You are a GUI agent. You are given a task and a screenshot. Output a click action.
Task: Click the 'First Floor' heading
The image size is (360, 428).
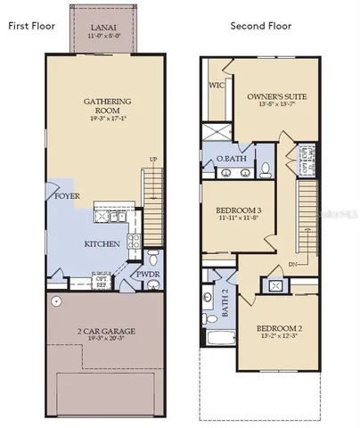pos(31,25)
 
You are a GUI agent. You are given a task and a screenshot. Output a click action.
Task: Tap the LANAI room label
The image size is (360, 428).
pos(102,30)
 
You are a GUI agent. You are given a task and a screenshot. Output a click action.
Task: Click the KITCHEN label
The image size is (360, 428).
pos(102,243)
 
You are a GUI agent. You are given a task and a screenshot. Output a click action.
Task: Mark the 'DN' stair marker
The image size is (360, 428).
pos(292,265)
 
